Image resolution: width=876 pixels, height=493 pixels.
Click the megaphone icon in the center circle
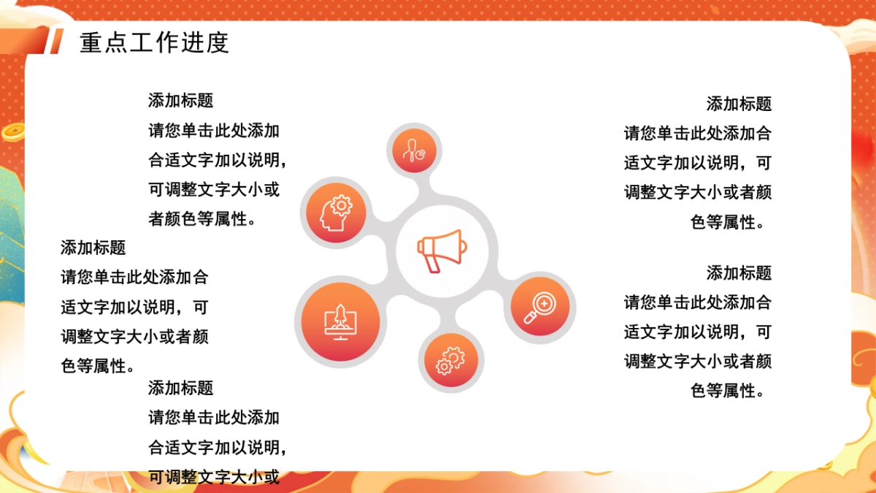coord(442,251)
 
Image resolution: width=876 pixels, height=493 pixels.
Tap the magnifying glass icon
coord(540,307)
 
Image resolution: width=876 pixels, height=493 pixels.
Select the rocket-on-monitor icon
coord(340,322)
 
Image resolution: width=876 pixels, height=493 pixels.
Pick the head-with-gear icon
coord(336,213)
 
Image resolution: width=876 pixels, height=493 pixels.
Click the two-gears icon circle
coord(451,360)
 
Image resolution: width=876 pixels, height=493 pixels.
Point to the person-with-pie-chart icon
coord(414,150)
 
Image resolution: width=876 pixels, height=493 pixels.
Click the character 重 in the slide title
coord(91,42)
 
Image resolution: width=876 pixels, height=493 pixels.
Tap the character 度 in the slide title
coord(218,42)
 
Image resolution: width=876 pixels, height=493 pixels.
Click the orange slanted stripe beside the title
coord(56,41)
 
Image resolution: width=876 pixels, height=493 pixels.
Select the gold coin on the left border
coord(13,132)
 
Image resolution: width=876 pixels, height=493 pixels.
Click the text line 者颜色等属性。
coord(201,219)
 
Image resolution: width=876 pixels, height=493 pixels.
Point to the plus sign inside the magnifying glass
coord(544,303)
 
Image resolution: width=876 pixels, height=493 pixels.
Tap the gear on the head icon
coord(342,205)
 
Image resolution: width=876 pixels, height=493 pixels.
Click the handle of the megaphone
coord(431,264)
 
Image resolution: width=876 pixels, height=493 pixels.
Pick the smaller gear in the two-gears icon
coord(444,367)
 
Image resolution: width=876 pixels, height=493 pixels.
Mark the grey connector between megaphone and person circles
coord(423,188)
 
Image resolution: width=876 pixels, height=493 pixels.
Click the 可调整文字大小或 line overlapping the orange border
coord(214,477)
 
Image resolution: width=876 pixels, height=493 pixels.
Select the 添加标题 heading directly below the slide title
coord(181,101)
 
